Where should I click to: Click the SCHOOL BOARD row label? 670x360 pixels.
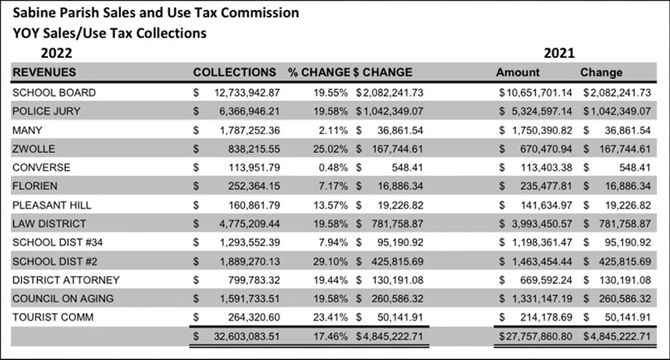(x=54, y=93)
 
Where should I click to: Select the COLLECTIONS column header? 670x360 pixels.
(x=235, y=72)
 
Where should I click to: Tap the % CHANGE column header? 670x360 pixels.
(x=319, y=72)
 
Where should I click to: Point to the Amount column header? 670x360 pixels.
(x=518, y=72)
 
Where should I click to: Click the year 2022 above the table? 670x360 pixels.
(x=56, y=53)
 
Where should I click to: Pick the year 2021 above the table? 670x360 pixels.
(x=559, y=53)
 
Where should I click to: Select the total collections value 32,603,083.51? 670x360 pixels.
(x=247, y=336)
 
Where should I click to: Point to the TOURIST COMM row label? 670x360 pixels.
(x=53, y=317)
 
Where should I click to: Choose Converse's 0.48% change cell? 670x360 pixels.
(x=333, y=167)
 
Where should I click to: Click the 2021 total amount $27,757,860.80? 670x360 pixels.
(x=536, y=336)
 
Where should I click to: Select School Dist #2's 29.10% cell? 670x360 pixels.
(x=331, y=261)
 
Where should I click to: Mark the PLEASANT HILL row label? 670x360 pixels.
(x=52, y=205)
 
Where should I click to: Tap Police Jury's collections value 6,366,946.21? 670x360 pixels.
(x=249, y=111)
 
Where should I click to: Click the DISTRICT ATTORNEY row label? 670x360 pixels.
(x=66, y=280)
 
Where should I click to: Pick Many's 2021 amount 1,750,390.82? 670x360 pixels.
(x=542, y=130)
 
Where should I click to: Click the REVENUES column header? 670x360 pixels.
(x=44, y=72)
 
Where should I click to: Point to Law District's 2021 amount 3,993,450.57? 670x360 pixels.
(x=542, y=224)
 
